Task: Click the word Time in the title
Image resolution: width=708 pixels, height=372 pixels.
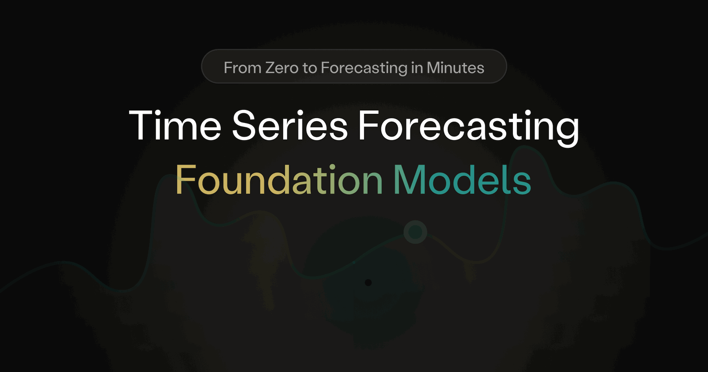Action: coord(175,125)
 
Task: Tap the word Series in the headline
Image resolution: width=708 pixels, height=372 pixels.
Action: coord(290,125)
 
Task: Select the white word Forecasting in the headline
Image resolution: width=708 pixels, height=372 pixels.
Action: coord(469,128)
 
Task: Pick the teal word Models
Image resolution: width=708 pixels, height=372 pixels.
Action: coord(463,179)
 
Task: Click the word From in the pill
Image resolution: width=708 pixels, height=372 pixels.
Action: coord(242,68)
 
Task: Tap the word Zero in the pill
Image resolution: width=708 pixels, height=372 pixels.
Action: coord(282,68)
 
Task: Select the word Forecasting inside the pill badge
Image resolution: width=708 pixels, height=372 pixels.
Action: coord(364,69)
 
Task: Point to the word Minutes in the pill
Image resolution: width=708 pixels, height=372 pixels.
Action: coord(455,68)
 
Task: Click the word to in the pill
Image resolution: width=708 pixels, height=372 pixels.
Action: coord(310,68)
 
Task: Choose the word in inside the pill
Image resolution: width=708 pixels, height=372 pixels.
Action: coord(417,68)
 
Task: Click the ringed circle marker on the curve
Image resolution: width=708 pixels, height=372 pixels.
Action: coord(415,232)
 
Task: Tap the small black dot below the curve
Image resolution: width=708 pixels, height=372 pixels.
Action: coord(368,282)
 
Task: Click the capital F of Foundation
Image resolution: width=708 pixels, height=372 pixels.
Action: coord(185,180)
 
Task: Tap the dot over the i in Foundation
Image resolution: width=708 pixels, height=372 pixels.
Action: coord(332,167)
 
